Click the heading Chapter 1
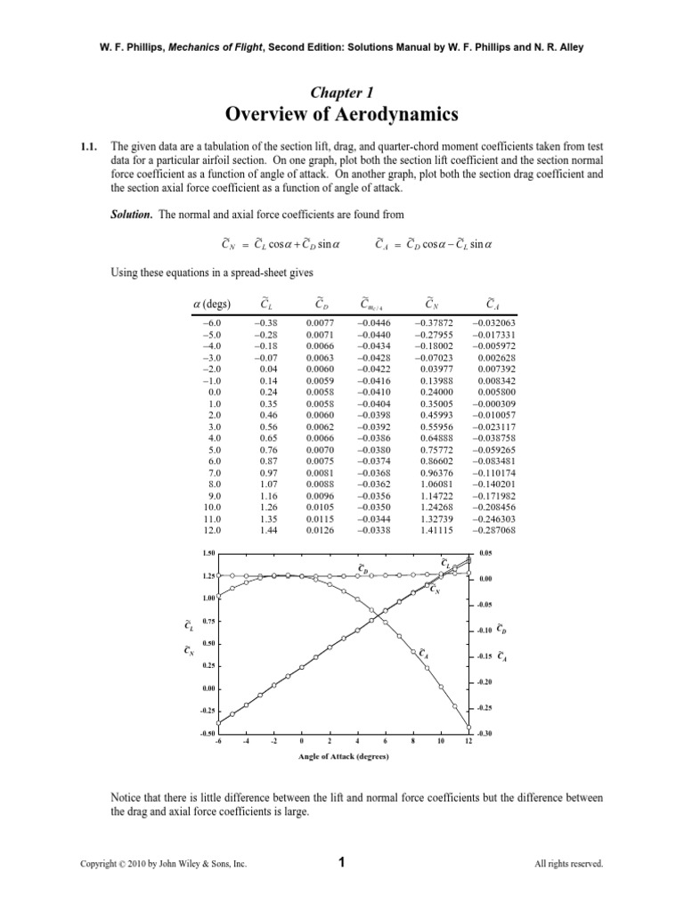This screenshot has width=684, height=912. [x=342, y=92]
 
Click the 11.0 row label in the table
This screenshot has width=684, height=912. [x=211, y=519]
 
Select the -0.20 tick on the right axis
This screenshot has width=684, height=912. [x=484, y=682]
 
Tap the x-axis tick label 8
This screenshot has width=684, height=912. [x=413, y=740]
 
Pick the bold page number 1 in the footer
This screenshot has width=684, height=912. [x=342, y=862]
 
